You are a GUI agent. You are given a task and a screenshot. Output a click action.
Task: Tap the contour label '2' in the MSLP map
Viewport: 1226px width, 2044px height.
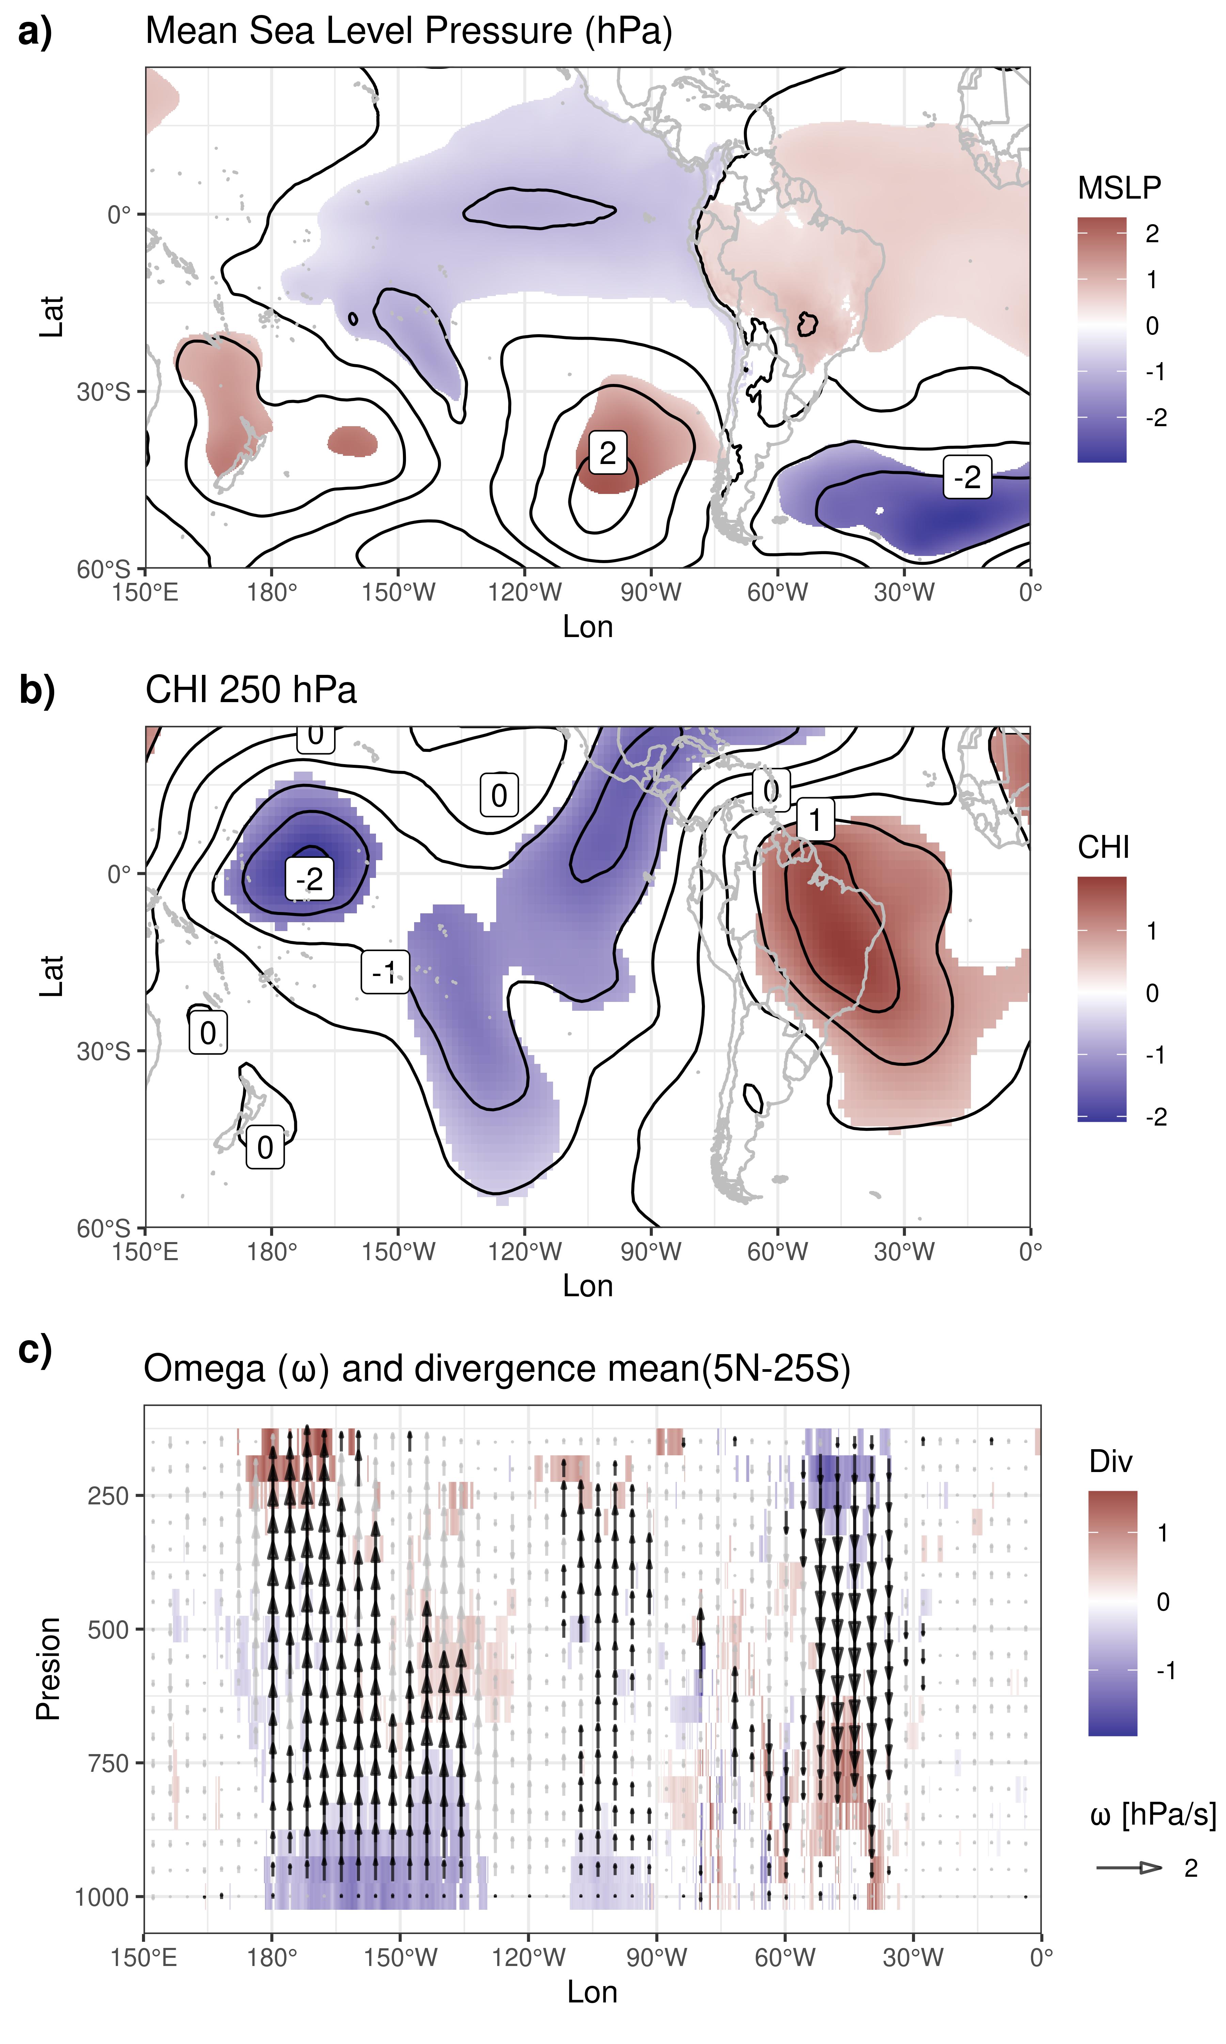tap(607, 453)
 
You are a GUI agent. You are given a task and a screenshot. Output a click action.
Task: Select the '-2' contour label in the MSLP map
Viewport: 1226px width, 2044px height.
tap(966, 477)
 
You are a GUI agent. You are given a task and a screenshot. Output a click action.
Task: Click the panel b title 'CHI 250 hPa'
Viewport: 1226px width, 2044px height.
tap(250, 690)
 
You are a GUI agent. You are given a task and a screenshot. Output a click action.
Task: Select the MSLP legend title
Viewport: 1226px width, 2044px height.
tap(1119, 188)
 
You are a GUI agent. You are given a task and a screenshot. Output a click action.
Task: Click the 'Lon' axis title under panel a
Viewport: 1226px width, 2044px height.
tap(587, 627)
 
